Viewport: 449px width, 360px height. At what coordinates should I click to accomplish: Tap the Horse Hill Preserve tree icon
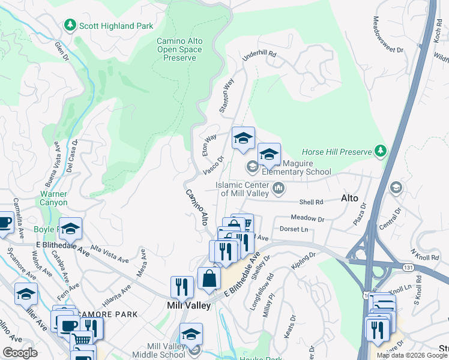pos(380,152)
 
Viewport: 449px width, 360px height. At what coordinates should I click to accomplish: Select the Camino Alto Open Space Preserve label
pos(179,49)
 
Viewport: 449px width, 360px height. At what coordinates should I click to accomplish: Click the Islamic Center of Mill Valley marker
pos(278,189)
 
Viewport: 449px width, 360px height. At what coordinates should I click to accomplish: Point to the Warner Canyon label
pos(54,198)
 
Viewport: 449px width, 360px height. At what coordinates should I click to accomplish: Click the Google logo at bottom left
pos(20,353)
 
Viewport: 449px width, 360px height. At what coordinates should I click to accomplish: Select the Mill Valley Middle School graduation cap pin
pos(191,335)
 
